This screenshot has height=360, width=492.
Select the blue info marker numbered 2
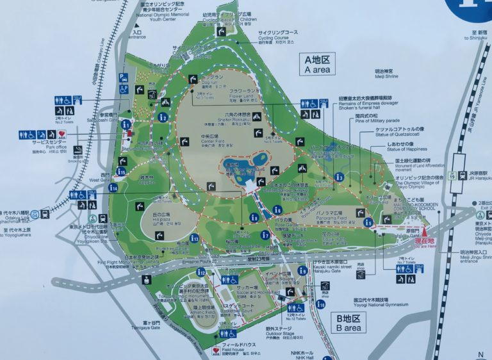[x=163, y=117]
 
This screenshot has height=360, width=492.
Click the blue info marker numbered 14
[x=113, y=187]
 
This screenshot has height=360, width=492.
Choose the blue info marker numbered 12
[x=201, y=272]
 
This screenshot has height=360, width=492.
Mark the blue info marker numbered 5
[x=368, y=222]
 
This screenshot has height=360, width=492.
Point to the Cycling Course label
[x=278, y=35]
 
